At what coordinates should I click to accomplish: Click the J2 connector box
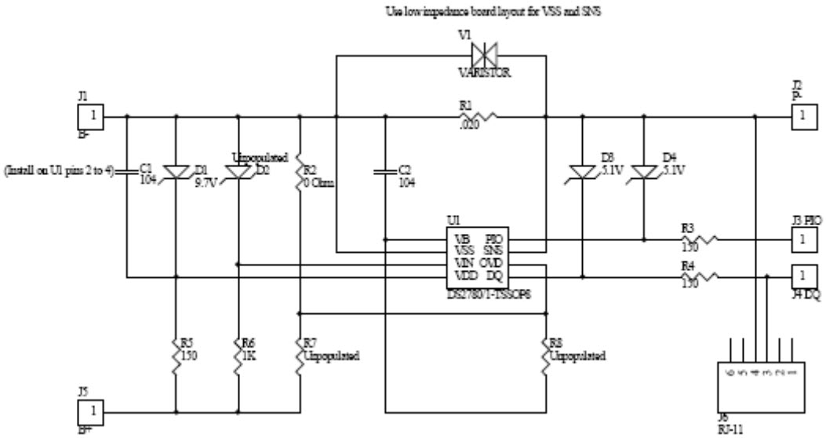pos(802,118)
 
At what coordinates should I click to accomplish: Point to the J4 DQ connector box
pos(802,276)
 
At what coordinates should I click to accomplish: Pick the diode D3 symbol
pos(582,170)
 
